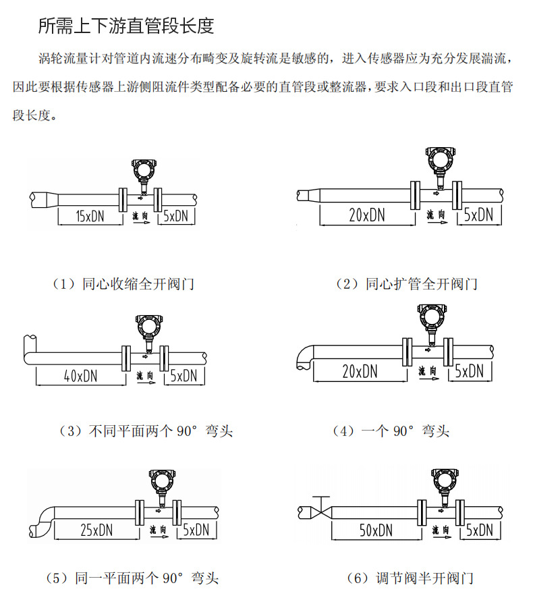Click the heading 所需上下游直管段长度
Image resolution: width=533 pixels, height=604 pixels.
126,26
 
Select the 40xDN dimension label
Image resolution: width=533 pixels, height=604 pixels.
80,375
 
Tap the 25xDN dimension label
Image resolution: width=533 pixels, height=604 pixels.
95,530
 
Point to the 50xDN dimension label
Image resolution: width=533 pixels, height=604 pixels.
376,530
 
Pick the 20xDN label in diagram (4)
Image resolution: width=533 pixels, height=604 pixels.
360,370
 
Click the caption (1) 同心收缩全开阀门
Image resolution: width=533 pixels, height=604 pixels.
123,284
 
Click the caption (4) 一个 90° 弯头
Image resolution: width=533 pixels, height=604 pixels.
391,431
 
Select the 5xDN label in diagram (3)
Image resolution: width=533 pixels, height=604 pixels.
183,375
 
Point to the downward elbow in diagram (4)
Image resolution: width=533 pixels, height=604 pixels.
304,357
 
